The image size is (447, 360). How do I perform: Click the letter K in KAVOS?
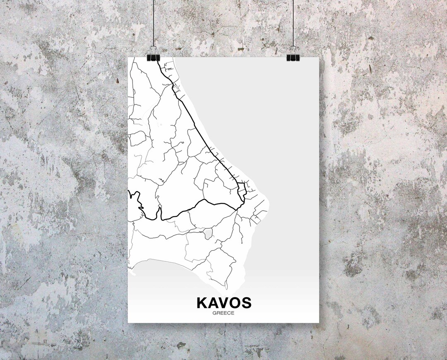click(203, 303)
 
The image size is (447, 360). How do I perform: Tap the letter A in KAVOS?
click(214, 303)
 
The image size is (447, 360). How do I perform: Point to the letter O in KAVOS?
click(235, 303)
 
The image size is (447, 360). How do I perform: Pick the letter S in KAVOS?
click(246, 303)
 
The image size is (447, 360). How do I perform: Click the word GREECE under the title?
click(223, 313)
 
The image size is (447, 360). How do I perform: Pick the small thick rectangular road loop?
click(242, 190)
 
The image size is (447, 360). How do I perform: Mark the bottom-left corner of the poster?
click(128, 322)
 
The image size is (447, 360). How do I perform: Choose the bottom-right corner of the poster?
click(319, 322)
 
